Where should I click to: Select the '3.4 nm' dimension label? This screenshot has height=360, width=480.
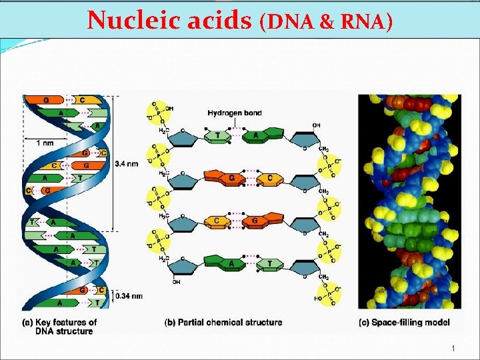[x=127, y=163]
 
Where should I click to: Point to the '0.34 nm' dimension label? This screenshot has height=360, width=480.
[x=129, y=295]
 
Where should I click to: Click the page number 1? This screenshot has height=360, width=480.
[x=453, y=349]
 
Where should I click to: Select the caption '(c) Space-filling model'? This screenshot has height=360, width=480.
[x=403, y=323]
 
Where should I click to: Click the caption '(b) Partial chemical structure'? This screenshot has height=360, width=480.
[x=223, y=323]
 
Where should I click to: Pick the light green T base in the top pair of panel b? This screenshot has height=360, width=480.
[x=217, y=136]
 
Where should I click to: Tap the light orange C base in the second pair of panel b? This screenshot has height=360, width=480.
[x=269, y=178]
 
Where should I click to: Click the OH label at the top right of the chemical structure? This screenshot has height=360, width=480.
[x=316, y=124]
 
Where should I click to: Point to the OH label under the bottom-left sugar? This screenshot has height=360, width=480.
[x=177, y=281]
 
